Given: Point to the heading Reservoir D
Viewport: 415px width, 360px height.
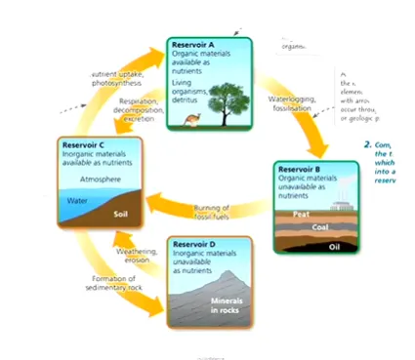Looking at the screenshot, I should click(x=199, y=241).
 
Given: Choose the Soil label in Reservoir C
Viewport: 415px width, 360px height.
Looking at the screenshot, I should click(x=121, y=213).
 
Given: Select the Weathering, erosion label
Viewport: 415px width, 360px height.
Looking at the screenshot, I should click(x=137, y=256).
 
